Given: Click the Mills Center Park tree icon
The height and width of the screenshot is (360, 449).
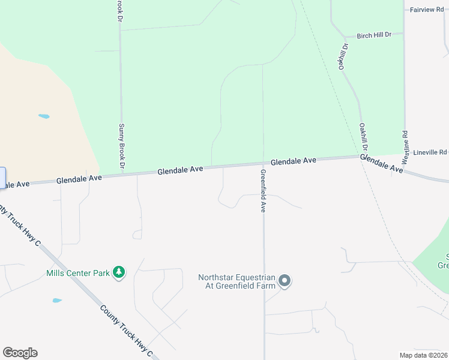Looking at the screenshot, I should tap(119, 273).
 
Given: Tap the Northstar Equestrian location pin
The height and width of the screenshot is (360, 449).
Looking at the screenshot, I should tap(285, 281).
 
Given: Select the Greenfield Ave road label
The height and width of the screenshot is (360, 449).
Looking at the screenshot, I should tap(263, 191).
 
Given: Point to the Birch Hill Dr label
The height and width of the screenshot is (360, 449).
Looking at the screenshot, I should tap(373, 35).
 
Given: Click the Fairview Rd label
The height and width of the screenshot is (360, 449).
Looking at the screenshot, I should tap(427, 10).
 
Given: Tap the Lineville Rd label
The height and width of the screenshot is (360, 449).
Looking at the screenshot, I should tap(434, 152).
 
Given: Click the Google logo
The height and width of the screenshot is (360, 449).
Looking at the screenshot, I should tap(20, 353).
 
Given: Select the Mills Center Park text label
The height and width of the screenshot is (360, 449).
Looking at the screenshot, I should tap(78, 274).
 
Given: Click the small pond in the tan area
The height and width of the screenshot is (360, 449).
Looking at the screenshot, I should tap(44, 116).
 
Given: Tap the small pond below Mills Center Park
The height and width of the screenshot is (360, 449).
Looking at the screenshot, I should tap(57, 300).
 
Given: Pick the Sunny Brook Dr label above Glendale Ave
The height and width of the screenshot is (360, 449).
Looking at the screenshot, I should tap(121, 145).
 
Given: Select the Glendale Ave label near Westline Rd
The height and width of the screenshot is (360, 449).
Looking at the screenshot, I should tap(382, 164).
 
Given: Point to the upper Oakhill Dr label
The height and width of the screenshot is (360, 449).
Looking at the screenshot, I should tap(343, 56).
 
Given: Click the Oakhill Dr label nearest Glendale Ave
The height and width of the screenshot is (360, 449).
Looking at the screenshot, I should tap(363, 137).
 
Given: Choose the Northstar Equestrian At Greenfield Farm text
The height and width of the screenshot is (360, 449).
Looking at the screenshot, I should tap(237, 281).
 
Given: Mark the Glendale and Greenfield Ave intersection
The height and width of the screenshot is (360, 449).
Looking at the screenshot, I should tap(263, 163).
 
